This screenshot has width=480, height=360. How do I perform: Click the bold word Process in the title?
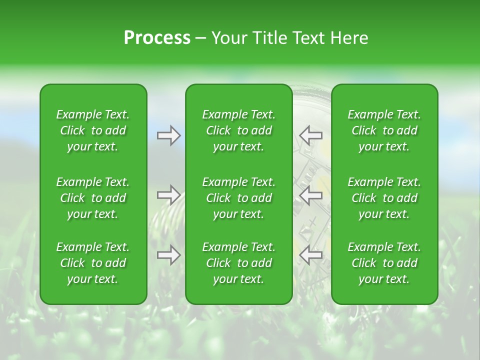point(157,38)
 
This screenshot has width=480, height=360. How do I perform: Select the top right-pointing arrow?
point(168,135)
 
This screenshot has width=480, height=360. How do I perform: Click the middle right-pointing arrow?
point(168,195)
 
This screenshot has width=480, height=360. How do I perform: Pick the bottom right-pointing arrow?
point(168,255)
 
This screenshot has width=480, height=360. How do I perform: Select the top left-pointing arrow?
point(310,135)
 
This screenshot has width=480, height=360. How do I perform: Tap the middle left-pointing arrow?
point(310,195)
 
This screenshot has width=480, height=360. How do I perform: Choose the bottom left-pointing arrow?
point(310,255)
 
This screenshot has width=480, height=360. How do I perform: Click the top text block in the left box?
point(93,130)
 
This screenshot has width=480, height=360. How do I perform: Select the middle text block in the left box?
point(93,198)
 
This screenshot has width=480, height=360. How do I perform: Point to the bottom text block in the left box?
point(93,263)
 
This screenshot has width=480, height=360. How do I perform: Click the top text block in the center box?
point(239,130)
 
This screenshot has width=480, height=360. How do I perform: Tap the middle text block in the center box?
point(239,198)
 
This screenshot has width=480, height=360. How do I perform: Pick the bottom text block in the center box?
point(239,263)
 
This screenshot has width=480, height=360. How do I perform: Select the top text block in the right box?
point(384,130)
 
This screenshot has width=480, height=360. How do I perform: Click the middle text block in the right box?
point(384,198)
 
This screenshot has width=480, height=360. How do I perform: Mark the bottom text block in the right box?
point(384,263)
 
